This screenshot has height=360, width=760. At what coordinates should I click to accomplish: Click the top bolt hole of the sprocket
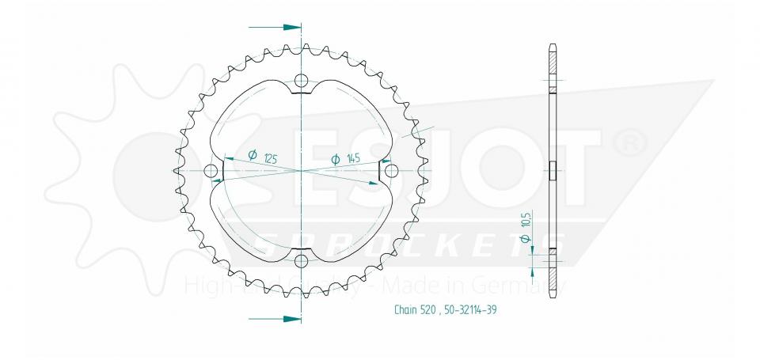[x=301, y=81]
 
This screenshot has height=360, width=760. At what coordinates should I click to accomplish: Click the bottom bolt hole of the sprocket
[x=301, y=262]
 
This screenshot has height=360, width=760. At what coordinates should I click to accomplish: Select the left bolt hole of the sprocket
[x=211, y=172]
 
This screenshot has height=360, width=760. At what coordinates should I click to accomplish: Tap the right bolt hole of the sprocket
[x=391, y=172]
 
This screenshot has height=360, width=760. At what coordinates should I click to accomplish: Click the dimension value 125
[x=270, y=157]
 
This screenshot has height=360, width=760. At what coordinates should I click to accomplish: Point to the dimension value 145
[x=352, y=158]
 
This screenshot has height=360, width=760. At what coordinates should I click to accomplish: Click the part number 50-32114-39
[x=473, y=309]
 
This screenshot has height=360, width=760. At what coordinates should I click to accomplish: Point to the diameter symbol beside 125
[x=252, y=156]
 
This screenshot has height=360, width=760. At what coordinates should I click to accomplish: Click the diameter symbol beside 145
[x=335, y=159]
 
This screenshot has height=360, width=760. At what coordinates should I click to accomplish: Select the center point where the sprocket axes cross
[x=301, y=171]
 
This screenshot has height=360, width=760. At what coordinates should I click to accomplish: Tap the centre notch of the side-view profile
[x=553, y=166]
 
